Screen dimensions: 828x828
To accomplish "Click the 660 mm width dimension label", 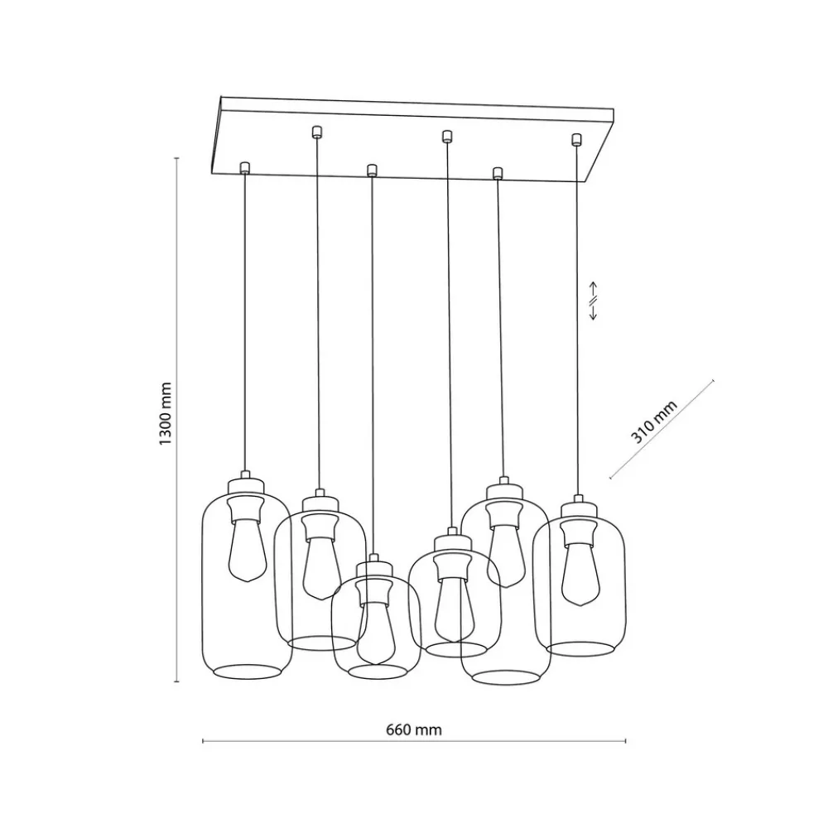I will coord(414,729).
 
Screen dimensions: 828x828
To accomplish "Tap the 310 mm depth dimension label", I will coord(654,421).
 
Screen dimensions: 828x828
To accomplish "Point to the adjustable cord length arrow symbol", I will coord(593,302).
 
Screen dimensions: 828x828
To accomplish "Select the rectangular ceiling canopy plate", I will coord(414,141).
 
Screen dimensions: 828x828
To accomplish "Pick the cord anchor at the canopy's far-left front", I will coord(244,167).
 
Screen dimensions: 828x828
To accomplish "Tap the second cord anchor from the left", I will coord(316,130).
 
